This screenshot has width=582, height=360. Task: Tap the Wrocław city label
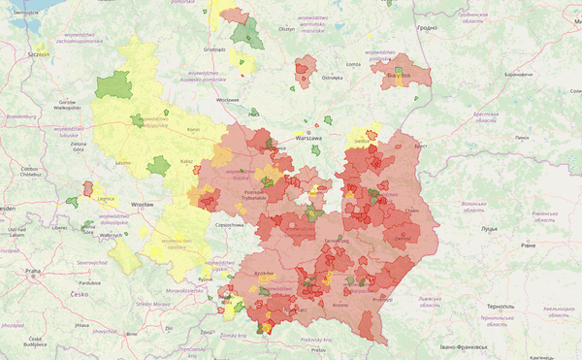pyautogui.click(x=145, y=206)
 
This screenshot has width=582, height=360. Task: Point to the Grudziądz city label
pyautogui.click(x=214, y=49)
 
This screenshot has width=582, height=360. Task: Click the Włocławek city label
pyautogui.click(x=228, y=99)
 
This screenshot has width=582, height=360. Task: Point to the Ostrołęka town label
pyautogui.click(x=333, y=77)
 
